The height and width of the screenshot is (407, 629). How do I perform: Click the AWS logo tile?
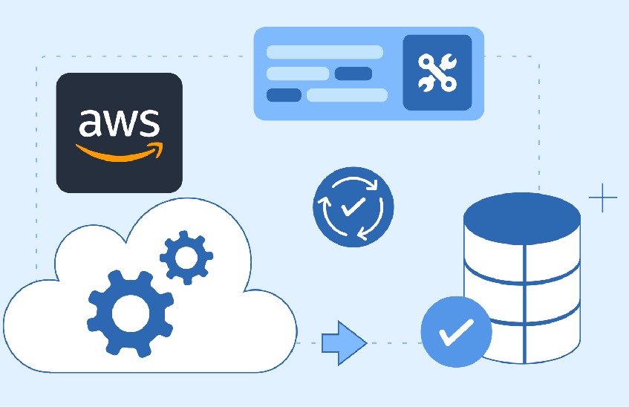pyautogui.click(x=119, y=133)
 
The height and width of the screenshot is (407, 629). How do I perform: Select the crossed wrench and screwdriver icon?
pyautogui.click(x=437, y=72)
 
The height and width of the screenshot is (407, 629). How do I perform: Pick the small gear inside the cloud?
pyautogui.click(x=186, y=257)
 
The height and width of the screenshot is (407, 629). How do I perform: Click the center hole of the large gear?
pyautogui.click(x=131, y=313)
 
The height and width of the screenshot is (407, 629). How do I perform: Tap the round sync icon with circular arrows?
pyautogui.click(x=353, y=206)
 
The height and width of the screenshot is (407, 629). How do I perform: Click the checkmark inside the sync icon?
pyautogui.click(x=353, y=206)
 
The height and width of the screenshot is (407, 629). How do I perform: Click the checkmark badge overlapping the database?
pyautogui.click(x=457, y=331)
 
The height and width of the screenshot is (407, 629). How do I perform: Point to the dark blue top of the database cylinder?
pyautogui.click(x=522, y=218)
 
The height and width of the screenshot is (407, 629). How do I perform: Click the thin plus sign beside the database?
pyautogui.click(x=602, y=198)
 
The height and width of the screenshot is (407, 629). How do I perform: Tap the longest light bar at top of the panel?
pyautogui.click(x=325, y=52)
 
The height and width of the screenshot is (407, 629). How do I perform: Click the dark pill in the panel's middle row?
pyautogui.click(x=353, y=74)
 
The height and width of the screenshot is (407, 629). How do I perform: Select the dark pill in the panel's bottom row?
pyautogui.click(x=284, y=95)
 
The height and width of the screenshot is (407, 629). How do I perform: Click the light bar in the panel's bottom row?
pyautogui.click(x=347, y=95)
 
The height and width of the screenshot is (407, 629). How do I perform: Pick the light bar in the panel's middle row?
pyautogui.click(x=298, y=74)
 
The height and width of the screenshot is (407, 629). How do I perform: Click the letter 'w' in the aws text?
pyautogui.click(x=119, y=123)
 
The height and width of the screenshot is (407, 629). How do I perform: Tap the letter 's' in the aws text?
pyautogui.click(x=149, y=123)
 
